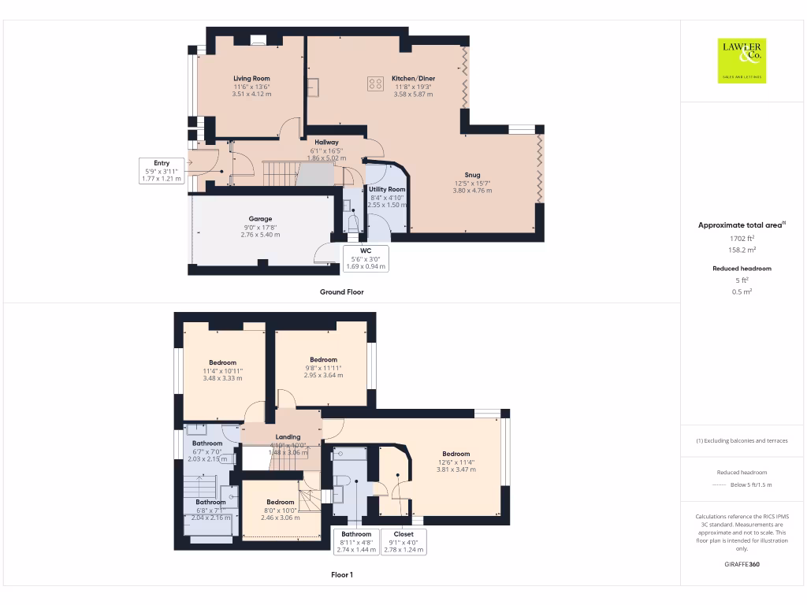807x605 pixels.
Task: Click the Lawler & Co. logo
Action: point(743,61)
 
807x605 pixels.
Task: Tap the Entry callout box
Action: point(162,171)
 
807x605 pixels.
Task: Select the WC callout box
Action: point(366,258)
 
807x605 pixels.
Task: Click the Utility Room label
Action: point(387,190)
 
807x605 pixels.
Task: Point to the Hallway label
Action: point(326,143)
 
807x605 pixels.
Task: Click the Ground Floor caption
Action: point(341,291)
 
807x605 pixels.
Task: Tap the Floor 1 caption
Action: point(341,575)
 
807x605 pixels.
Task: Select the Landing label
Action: point(288,437)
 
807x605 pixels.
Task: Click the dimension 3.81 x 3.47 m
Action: point(456,470)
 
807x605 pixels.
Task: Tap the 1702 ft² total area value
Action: point(741,237)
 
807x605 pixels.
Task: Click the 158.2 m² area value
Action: point(741,250)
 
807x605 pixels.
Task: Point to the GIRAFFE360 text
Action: point(742,565)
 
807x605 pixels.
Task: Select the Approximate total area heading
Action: point(741,225)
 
